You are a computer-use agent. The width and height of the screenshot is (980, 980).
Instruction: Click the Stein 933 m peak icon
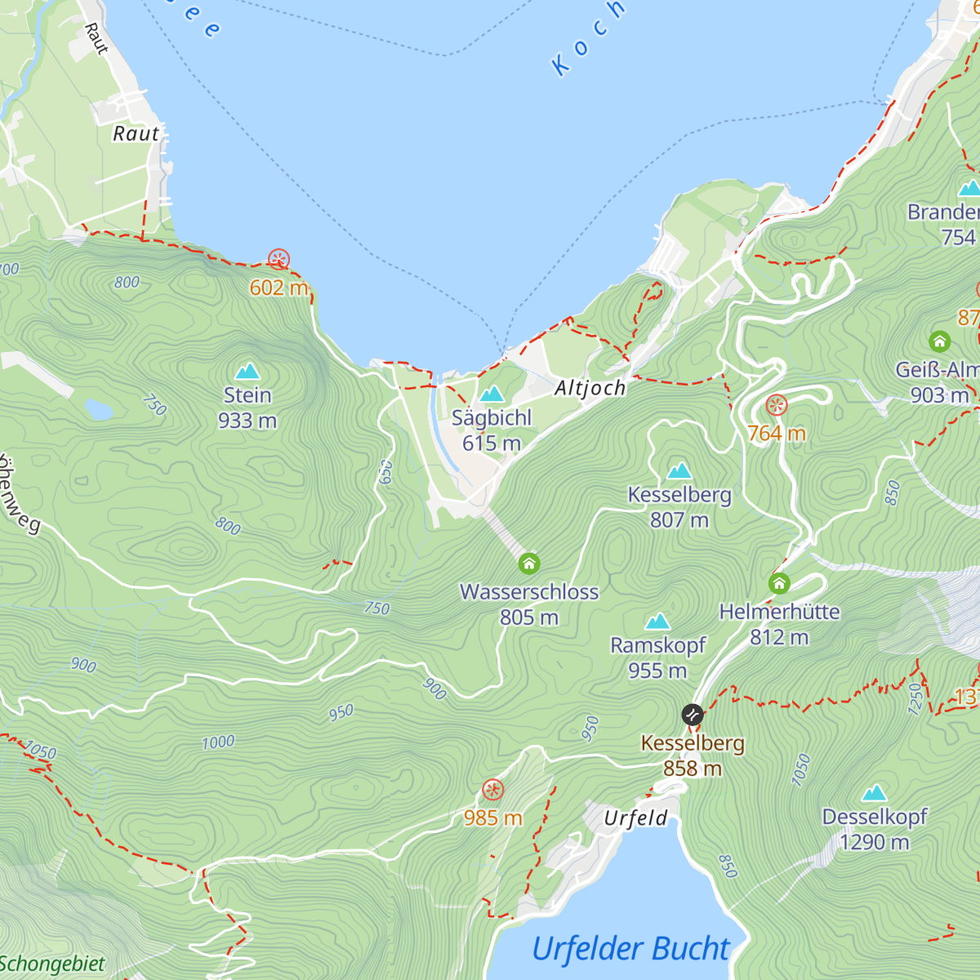click(x=247, y=372)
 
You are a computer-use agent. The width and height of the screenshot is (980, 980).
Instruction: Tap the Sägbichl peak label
click(x=492, y=418)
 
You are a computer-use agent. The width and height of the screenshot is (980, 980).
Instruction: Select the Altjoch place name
click(x=590, y=388)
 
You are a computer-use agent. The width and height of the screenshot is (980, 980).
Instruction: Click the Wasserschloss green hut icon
click(x=529, y=563)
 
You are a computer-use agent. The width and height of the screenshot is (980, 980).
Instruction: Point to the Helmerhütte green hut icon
click(x=779, y=583)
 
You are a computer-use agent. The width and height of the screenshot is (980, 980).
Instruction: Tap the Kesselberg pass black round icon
click(x=693, y=715)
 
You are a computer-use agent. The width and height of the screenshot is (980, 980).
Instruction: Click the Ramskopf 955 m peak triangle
click(x=657, y=622)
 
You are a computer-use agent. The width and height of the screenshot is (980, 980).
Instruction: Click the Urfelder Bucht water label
click(x=631, y=949)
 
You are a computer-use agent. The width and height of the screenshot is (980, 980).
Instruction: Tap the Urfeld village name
click(x=635, y=818)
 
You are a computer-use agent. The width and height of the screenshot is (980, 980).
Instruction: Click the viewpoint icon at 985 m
click(x=492, y=790)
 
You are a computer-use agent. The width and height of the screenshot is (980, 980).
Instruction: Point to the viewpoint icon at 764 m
click(x=776, y=405)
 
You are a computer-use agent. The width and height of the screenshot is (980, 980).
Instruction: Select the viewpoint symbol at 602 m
click(x=278, y=261)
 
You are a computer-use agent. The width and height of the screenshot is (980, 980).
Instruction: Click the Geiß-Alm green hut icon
click(x=939, y=341)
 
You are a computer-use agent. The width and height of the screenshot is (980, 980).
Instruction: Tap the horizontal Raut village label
click(x=136, y=134)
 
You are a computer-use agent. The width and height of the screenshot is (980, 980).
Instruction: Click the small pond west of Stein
click(x=99, y=408)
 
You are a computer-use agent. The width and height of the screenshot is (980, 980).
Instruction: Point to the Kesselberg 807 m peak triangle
click(x=679, y=471)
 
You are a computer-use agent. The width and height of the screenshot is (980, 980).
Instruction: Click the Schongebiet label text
click(x=52, y=964)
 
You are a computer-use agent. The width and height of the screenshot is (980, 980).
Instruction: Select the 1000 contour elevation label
click(x=218, y=742)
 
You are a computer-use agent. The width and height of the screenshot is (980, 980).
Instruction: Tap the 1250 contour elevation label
click(x=915, y=698)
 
